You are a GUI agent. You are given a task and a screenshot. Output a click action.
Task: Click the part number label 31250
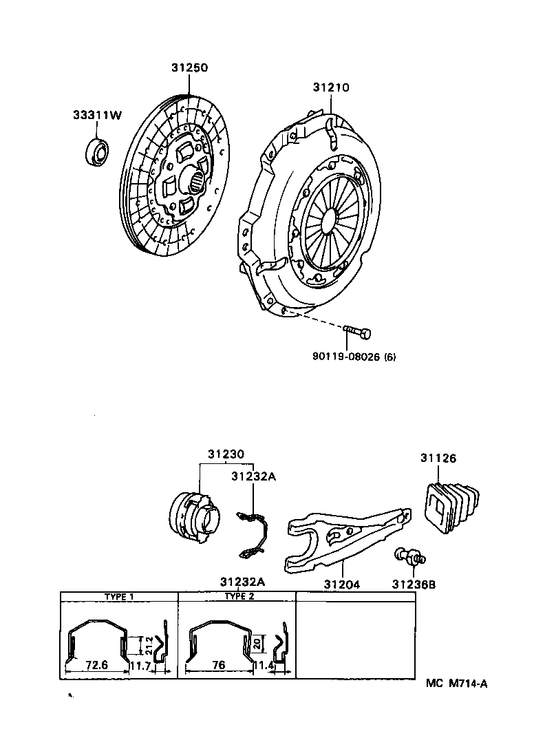coord(189,68)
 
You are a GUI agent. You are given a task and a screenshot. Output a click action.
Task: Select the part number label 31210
coord(331,87)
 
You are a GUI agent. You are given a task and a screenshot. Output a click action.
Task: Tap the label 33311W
coord(97,115)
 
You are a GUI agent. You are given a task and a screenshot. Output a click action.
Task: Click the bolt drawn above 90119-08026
coord(356,333)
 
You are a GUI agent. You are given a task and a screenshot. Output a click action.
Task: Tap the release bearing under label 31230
coord(194,513)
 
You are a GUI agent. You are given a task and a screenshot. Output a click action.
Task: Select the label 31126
coord(438,458)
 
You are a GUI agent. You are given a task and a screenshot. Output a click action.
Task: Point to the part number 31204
coord(342,584)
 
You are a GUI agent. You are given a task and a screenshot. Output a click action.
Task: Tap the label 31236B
coord(414,584)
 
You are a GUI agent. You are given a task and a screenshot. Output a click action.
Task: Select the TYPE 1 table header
coord(119,597)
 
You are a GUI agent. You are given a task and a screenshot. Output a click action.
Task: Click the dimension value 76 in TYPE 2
coord(219,665)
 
